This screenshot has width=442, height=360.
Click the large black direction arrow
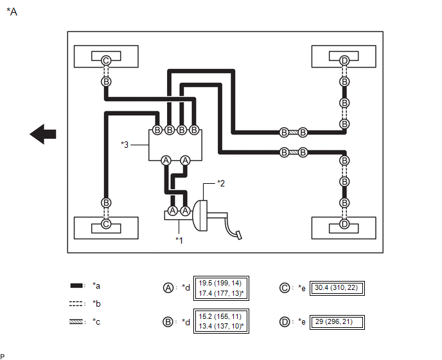click(43, 134)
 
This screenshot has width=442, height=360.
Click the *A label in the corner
click(12, 12)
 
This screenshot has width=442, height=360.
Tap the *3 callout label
click(125, 145)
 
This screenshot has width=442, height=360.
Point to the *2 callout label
click(221, 183)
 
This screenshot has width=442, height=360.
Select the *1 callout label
click(179, 240)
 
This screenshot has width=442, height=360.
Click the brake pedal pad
click(239, 235)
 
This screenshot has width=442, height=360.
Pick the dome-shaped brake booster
click(200, 215)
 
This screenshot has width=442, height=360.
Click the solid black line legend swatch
click(76, 285)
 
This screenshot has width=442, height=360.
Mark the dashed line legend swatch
click(76, 304)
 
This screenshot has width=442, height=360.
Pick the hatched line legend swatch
click(76, 321)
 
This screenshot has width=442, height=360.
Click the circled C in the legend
click(285, 288)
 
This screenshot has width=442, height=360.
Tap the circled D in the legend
click(285, 322)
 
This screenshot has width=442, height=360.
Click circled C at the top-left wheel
click(106, 60)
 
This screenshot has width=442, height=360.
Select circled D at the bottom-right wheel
click(344, 224)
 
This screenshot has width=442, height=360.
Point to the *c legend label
click(96, 322)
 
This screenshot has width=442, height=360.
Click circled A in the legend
click(168, 288)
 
